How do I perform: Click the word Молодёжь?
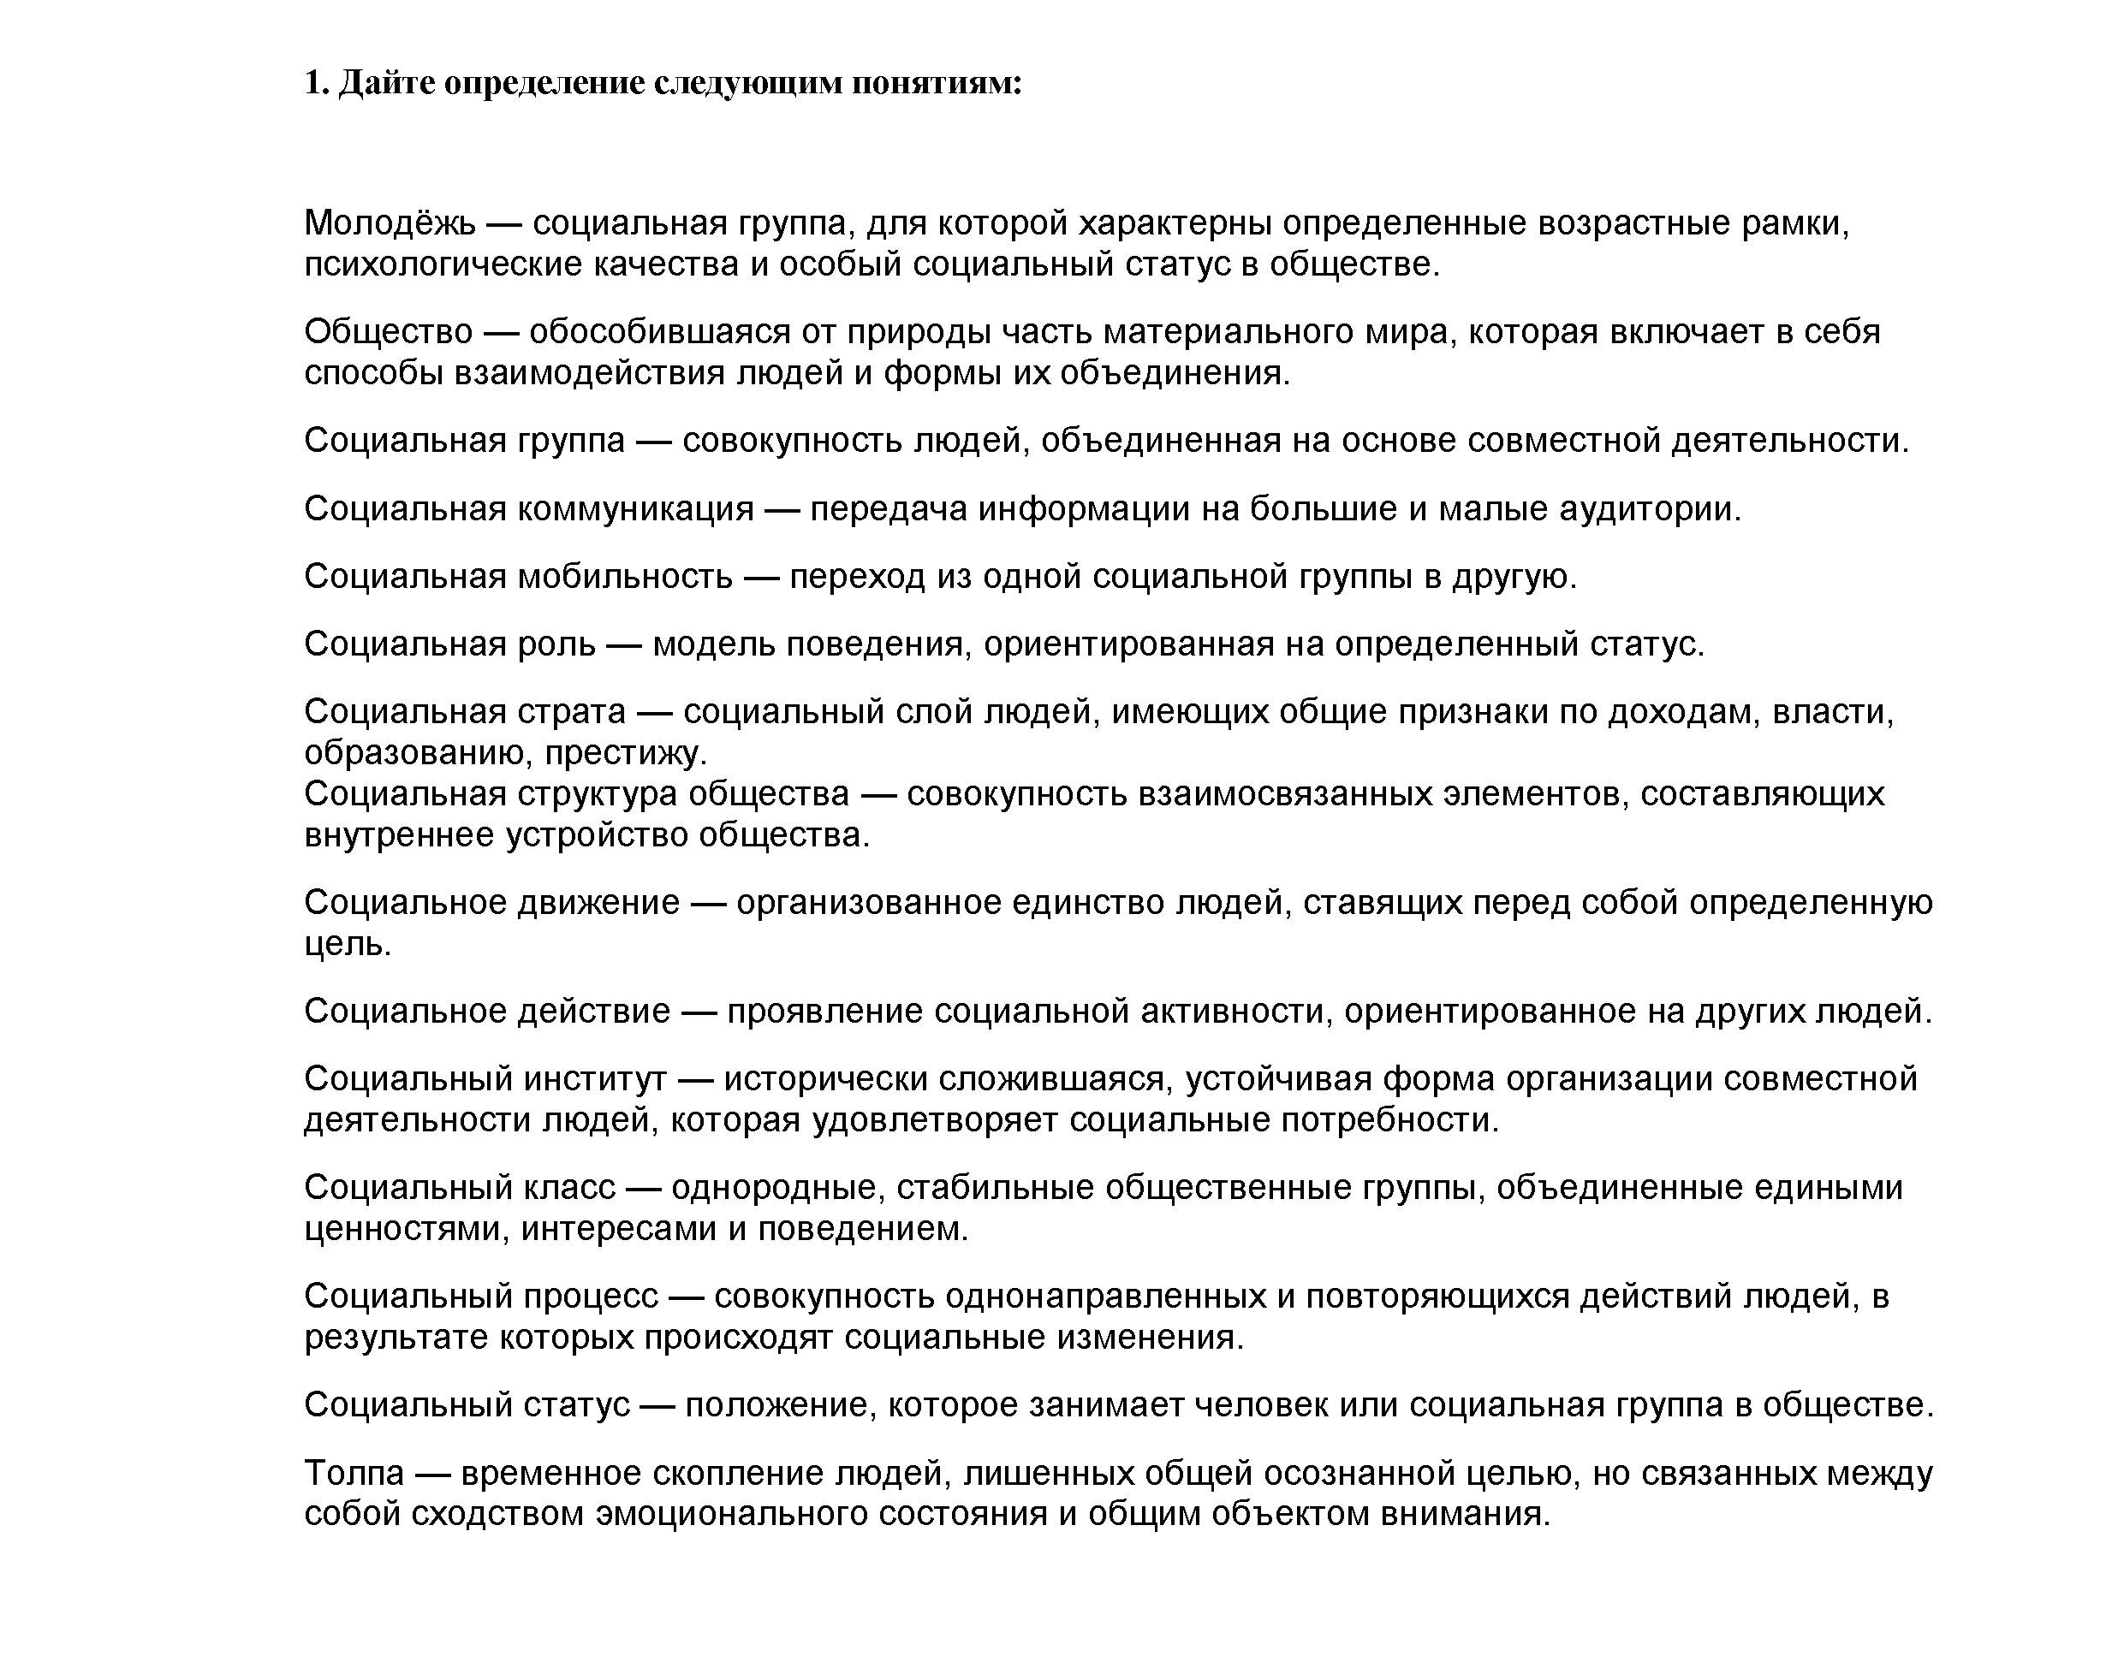[389, 223]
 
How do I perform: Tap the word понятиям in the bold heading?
[937, 84]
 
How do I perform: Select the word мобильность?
[624, 577]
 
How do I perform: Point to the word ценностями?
[407, 1229]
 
